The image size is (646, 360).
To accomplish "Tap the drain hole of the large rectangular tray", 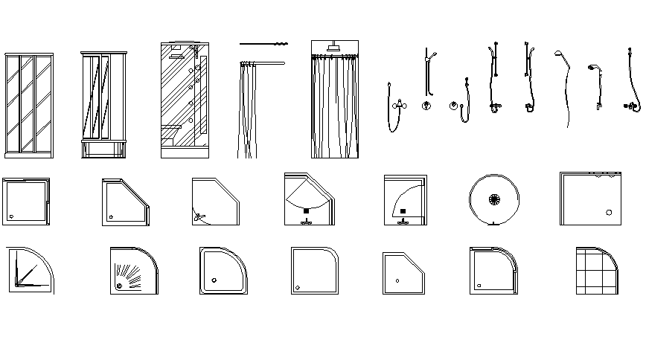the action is tap(609, 213).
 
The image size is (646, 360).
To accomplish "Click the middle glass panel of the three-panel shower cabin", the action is tap(28, 104).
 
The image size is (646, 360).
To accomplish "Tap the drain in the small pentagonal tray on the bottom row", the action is tap(397, 280).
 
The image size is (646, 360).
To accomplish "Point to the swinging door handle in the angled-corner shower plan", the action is tap(199, 216).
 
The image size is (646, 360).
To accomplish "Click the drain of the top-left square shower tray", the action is tap(11, 216).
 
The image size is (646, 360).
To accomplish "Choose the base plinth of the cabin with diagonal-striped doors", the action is tap(104, 149).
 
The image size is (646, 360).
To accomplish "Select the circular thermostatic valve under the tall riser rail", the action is tap(426, 106).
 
